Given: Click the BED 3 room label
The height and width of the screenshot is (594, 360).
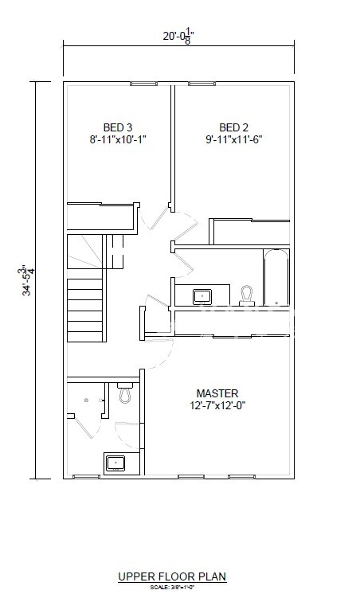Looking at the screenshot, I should pos(117,127).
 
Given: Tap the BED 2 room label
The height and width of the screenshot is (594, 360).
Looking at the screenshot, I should pos(234,127).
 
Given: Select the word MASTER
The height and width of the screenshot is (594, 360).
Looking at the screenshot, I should pos(217,393).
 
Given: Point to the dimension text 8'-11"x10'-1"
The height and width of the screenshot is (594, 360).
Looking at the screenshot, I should pos(117,139).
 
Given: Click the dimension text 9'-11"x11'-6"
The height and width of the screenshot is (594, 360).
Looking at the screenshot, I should pos(234,139).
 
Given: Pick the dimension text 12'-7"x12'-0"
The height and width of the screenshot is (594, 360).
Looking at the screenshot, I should pos(217,406).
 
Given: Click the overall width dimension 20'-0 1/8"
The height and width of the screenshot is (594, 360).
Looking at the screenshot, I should pos(178,35).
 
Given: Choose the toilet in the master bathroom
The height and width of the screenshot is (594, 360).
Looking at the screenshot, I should pos(125,393).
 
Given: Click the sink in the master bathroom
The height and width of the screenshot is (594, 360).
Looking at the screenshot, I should pos(116,463).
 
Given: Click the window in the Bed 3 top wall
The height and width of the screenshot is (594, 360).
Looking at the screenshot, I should pos(143,83).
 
